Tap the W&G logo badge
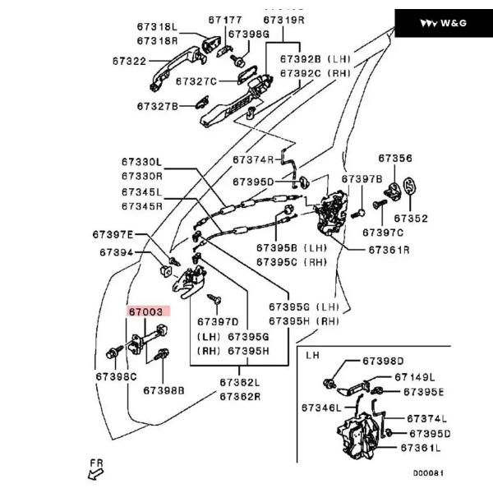click(x=443, y=23)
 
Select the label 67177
click(x=224, y=18)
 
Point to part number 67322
click(x=130, y=61)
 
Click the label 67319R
click(x=283, y=18)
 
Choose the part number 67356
click(x=395, y=158)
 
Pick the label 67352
click(x=410, y=219)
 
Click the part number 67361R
click(x=389, y=249)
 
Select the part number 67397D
click(x=217, y=321)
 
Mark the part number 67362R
click(x=239, y=395)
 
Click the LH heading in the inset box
click(x=312, y=356)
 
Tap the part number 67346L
click(x=321, y=407)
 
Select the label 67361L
click(x=420, y=448)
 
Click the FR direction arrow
click(x=95, y=469)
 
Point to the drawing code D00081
click(x=427, y=473)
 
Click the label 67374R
click(x=253, y=159)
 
